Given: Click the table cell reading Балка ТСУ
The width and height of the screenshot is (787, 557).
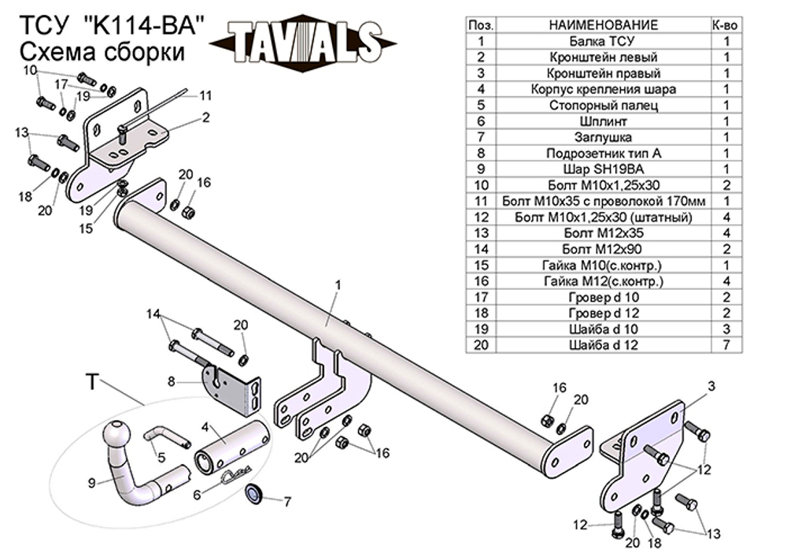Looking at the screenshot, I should click(x=601, y=41).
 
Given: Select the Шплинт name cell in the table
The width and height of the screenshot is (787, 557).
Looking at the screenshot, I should click(x=601, y=121).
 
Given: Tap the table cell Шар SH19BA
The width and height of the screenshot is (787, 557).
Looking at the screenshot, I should click(x=601, y=169).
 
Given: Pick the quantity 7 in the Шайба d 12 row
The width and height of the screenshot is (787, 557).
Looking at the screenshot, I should click(x=726, y=344).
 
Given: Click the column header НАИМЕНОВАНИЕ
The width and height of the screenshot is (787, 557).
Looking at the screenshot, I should click(x=601, y=25).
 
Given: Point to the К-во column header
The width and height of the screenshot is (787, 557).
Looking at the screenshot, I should click(x=726, y=25).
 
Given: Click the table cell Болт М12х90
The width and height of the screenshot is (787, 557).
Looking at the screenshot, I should click(x=601, y=248).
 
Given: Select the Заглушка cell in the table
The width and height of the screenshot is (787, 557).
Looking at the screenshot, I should click(x=601, y=137).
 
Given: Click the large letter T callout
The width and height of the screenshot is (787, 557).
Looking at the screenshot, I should click(x=93, y=383).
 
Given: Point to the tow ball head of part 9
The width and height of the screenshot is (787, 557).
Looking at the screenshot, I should click(x=118, y=435).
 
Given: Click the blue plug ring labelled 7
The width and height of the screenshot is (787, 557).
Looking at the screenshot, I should click(x=256, y=494).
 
